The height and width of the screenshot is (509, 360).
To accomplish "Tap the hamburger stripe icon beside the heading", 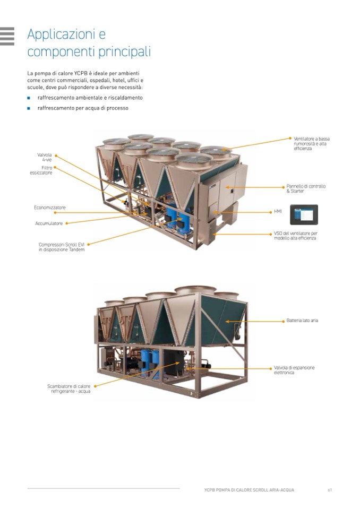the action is [x=7, y=36].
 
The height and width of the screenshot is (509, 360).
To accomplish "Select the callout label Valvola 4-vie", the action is [x=45, y=158].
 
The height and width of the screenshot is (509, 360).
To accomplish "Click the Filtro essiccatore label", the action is [x=41, y=170].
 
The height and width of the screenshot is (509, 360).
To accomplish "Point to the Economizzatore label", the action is [x=50, y=208].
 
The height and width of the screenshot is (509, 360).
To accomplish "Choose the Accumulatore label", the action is [x=49, y=223].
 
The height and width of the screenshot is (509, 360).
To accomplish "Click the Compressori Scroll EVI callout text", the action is [x=62, y=247].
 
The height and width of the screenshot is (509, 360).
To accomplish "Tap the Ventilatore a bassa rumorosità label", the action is [x=312, y=143].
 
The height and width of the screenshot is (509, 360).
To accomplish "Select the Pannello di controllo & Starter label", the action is [x=306, y=188].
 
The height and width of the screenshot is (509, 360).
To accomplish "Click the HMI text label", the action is [x=278, y=211].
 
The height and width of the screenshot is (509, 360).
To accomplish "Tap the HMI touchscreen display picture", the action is [x=304, y=214].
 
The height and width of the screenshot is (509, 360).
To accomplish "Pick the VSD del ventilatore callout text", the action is [x=295, y=236].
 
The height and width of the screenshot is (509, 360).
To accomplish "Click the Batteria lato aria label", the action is [x=302, y=321].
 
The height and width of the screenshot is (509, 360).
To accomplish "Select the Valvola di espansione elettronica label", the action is [x=294, y=370].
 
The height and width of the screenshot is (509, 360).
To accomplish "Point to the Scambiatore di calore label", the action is [x=69, y=389].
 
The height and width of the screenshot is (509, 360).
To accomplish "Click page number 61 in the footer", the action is [x=330, y=490].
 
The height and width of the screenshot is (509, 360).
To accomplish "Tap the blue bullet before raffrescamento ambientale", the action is [x=29, y=98].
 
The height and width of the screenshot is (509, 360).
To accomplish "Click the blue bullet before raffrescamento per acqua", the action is [x=29, y=108].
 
